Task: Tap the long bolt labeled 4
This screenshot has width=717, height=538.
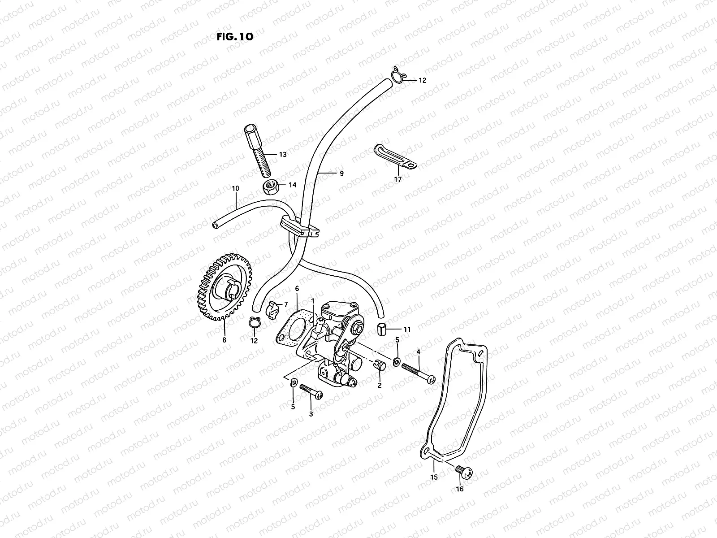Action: point(419,373)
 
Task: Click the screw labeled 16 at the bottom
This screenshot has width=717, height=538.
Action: point(463,471)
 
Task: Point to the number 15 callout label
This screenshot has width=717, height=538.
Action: point(433,477)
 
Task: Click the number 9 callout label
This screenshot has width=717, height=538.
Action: point(341,174)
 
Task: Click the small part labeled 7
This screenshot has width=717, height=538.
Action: point(273,309)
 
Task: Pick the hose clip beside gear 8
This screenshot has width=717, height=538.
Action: point(254,323)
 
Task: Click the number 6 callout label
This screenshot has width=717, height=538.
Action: point(296,289)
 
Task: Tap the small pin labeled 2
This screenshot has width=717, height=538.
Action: point(379,366)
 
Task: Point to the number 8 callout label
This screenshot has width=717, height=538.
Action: point(224,340)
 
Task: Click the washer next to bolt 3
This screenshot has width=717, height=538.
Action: point(293,382)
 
